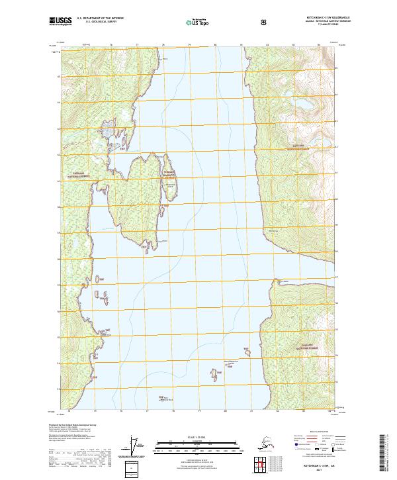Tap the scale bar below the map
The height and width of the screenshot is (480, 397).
click(198, 444)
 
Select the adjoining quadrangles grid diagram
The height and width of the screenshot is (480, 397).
click(264, 463)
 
